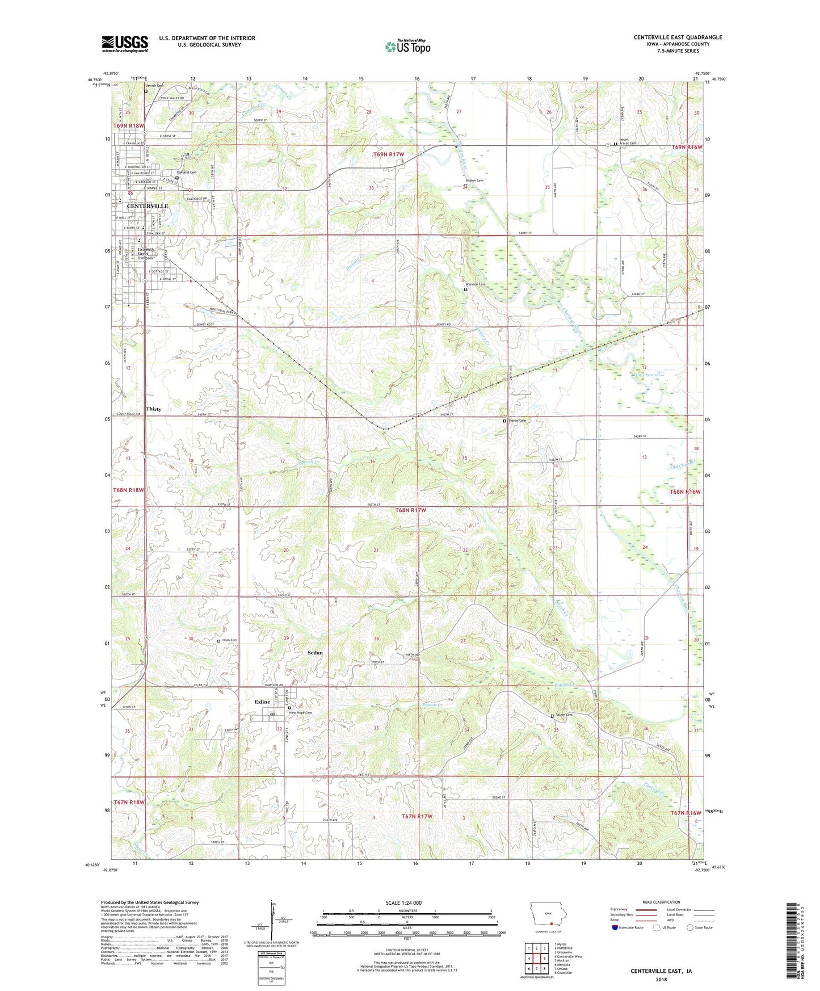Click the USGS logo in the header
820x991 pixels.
pyautogui.click(x=125, y=44)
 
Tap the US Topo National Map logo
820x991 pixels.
pyautogui.click(x=407, y=47)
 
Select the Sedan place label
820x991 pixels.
pyautogui.click(x=315, y=653)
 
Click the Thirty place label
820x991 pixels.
pyautogui.click(x=154, y=409)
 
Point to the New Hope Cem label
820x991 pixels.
pyautogui.click(x=301, y=713)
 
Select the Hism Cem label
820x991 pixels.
pyautogui.click(x=229, y=640)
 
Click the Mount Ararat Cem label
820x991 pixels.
pyautogui.click(x=628, y=141)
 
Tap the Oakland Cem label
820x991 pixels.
pyautogui.click(x=186, y=172)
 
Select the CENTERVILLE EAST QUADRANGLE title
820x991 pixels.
pyautogui.click(x=678, y=37)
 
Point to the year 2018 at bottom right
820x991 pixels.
pyautogui.click(x=661, y=980)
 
